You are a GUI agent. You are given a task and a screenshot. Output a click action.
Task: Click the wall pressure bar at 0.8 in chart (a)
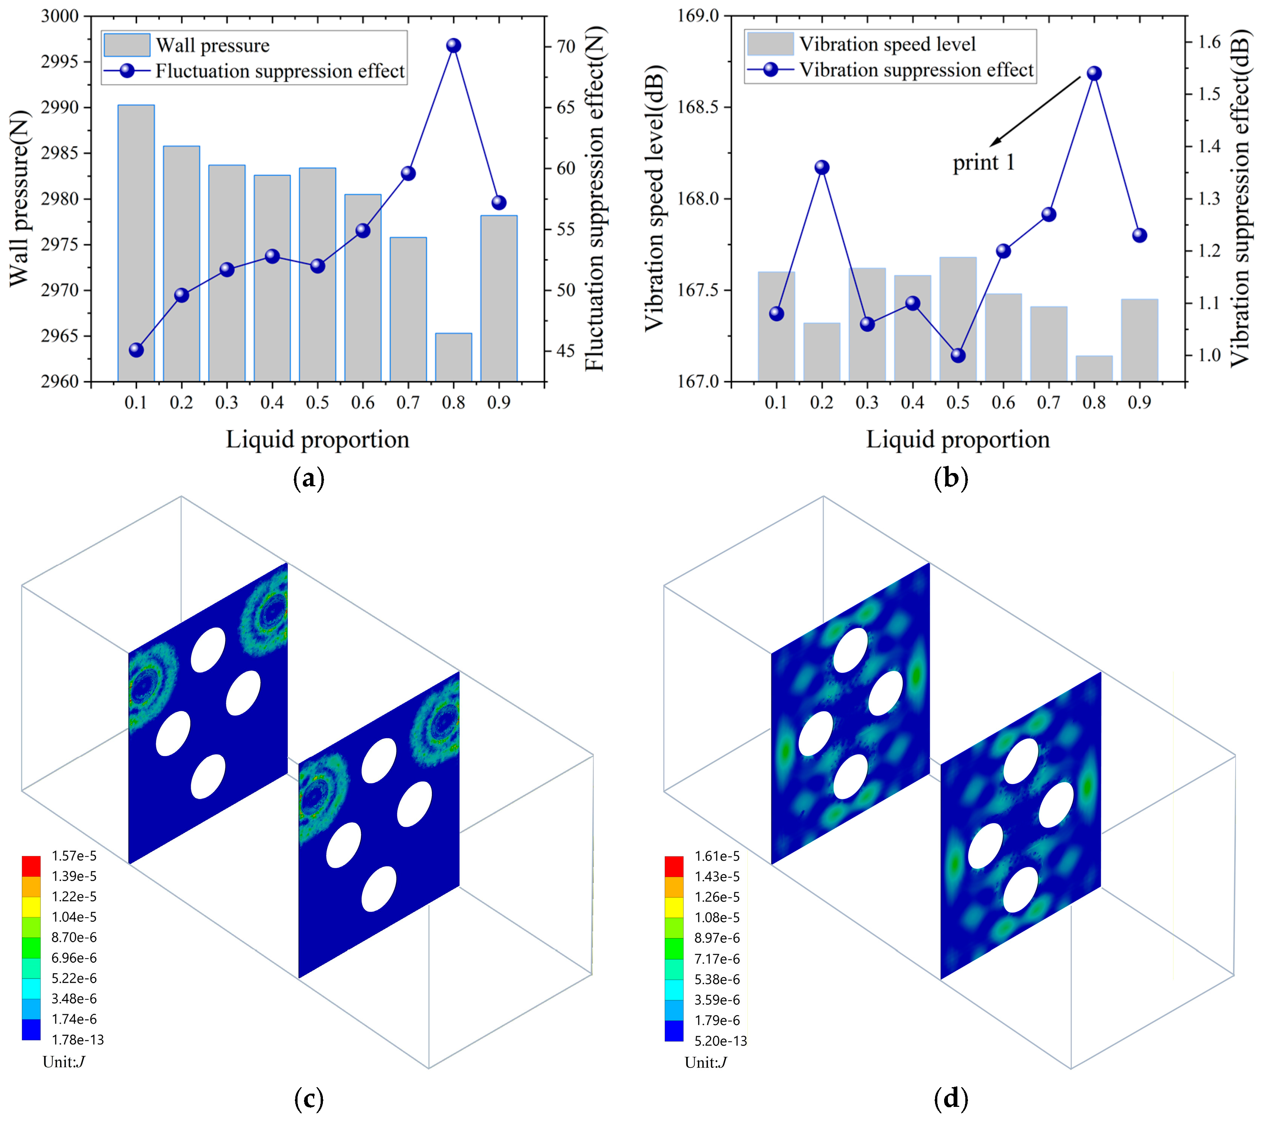[453, 357]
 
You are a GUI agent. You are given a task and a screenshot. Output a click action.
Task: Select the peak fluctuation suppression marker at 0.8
[453, 46]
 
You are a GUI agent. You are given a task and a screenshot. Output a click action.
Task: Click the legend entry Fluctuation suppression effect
[279, 71]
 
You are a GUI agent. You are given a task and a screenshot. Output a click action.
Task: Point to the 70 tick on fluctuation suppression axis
[566, 47]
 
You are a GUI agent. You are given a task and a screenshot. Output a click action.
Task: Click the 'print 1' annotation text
[983, 163]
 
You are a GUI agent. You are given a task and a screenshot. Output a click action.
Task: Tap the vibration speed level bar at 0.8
[1094, 369]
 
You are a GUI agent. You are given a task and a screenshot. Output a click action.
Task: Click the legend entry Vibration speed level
[887, 44]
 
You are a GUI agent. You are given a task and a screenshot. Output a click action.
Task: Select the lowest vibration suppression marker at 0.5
[958, 355]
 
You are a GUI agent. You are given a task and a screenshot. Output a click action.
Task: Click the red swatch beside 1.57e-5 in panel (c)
[31, 865]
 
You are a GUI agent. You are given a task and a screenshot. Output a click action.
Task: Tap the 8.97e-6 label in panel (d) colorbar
[717, 938]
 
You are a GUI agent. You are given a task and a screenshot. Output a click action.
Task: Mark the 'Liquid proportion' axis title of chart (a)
[317, 439]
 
